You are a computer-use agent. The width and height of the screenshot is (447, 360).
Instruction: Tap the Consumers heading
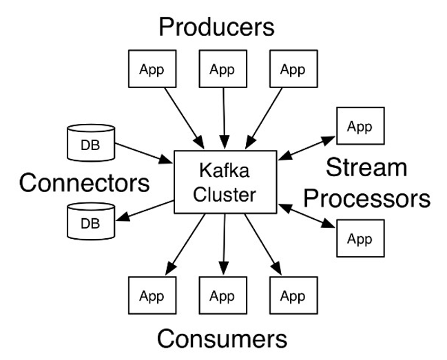click(221, 339)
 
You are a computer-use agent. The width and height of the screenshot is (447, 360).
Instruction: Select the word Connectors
click(85, 183)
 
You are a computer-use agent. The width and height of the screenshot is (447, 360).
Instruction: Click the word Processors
click(367, 199)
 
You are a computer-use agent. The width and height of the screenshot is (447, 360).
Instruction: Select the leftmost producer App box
click(151, 70)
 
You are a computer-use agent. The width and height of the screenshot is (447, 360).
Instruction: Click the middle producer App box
click(222, 70)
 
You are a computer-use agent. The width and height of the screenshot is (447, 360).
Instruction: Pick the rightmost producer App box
click(293, 70)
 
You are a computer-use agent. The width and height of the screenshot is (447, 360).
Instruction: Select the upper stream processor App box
click(360, 127)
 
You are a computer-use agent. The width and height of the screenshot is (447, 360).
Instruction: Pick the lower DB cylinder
click(90, 222)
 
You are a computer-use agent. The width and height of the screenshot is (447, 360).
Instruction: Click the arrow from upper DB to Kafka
click(144, 153)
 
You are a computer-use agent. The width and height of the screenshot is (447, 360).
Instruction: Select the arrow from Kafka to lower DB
click(145, 211)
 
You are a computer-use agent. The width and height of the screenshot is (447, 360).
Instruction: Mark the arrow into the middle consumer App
click(224, 244)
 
